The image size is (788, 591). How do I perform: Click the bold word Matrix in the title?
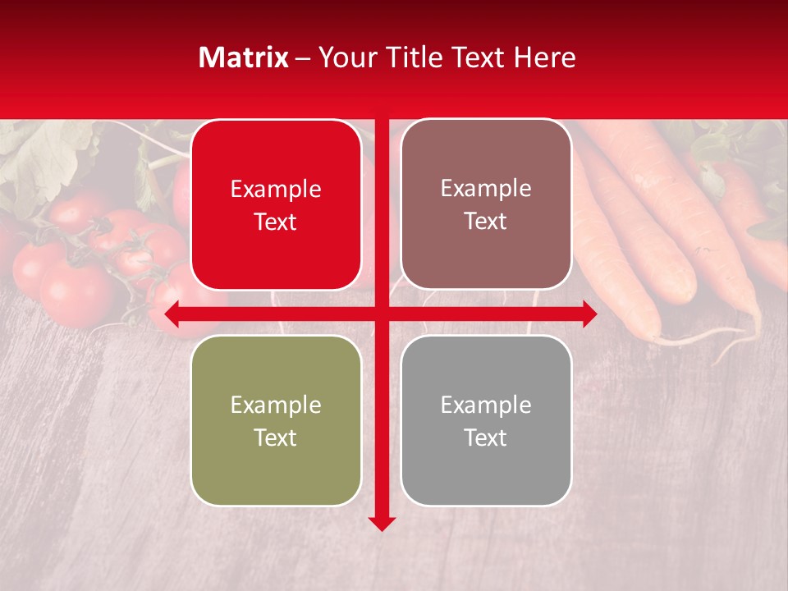[244, 57]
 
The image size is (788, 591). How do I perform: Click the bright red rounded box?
[276, 205]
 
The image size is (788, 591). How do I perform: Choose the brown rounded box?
[486, 204]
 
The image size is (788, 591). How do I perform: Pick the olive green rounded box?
[276, 420]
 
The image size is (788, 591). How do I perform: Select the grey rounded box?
[486, 420]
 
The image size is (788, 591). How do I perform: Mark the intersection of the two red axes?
[382, 314]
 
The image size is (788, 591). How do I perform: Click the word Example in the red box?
[276, 190]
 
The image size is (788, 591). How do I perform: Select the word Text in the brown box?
[486, 222]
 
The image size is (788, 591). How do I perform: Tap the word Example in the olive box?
[276, 405]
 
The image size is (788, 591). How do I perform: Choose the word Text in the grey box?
[486, 438]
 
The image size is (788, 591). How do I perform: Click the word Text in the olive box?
[276, 438]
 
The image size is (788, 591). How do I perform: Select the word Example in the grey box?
[486, 405]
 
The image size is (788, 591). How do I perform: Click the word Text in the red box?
[276, 222]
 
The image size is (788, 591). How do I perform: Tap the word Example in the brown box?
[486, 189]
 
